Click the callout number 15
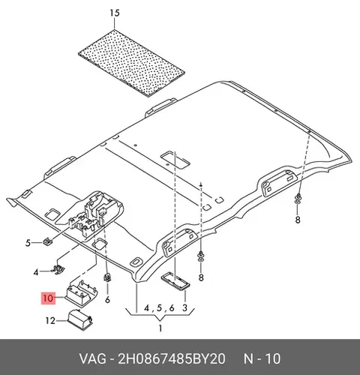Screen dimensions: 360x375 (x=115, y=13)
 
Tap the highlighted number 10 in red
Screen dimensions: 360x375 (x=49, y=298)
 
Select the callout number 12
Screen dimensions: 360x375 (x=50, y=320)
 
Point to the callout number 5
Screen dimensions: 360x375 (x=28, y=243)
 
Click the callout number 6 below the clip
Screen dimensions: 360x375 (x=107, y=299)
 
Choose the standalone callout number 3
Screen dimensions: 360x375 (x=184, y=307)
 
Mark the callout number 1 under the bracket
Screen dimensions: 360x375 (x=160, y=328)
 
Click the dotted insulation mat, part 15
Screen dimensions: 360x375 (x=131, y=63)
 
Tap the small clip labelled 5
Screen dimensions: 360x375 (x=47, y=241)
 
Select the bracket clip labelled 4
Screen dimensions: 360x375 (x=58, y=269)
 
